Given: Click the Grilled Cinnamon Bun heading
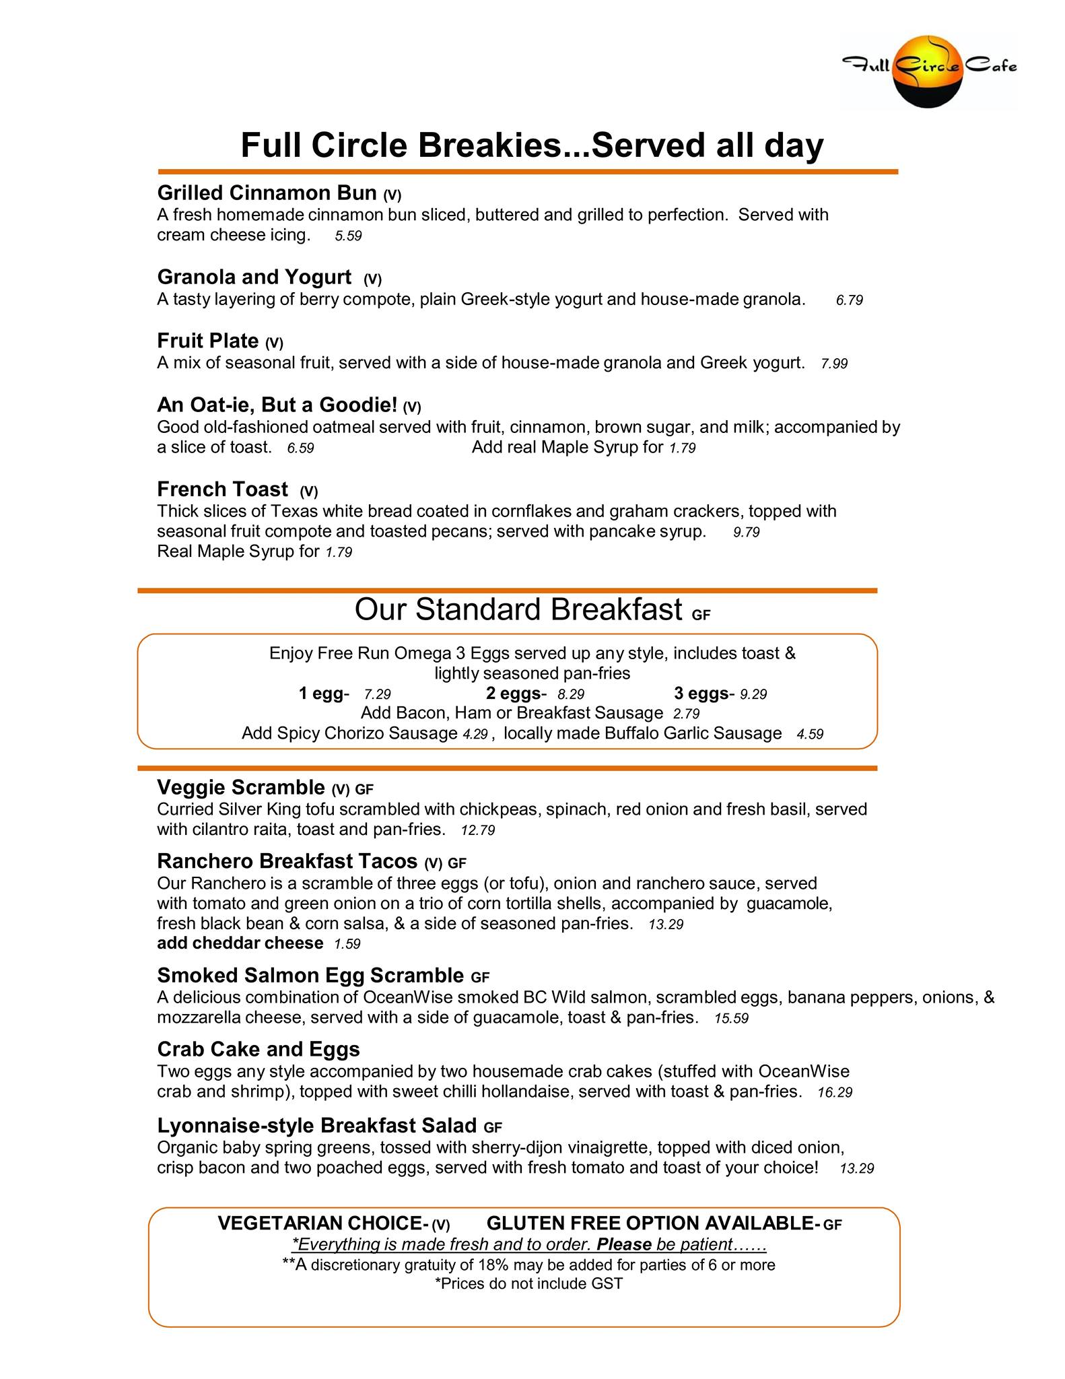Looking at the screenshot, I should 267,193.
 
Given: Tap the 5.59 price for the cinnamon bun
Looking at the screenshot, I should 348,236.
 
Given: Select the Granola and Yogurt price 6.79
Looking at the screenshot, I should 849,300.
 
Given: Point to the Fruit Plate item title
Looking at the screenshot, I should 208,341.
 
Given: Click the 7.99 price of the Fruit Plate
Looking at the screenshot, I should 834,364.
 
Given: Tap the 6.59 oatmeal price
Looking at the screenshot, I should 300,448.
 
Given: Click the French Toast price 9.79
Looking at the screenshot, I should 746,533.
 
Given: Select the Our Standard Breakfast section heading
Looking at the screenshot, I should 518,609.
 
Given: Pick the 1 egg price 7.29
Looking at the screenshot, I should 377,694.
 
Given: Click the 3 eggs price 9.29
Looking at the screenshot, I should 753,694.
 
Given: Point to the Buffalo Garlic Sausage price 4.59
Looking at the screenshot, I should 810,734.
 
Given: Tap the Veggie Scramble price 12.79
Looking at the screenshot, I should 478,831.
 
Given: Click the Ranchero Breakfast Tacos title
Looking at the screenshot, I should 287,861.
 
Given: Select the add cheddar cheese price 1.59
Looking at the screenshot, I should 347,944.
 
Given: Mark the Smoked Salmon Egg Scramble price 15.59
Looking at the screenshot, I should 731,1019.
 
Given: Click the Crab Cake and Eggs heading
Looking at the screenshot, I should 259,1049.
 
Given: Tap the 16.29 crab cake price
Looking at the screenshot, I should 835,1093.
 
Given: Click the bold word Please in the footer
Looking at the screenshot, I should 624,1244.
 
